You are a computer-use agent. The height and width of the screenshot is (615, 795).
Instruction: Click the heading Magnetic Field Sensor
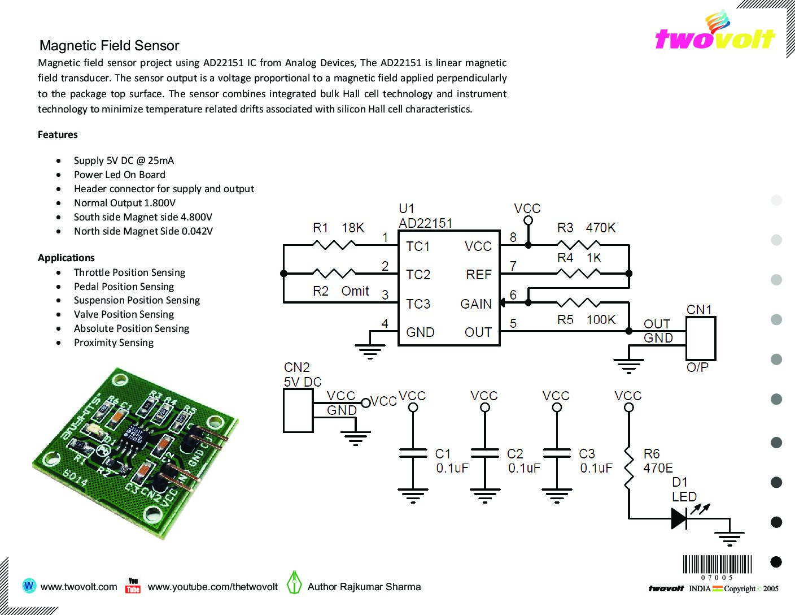109,46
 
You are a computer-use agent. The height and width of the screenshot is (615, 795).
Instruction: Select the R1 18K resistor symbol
334,245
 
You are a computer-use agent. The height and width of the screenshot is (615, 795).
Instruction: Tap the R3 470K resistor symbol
578,245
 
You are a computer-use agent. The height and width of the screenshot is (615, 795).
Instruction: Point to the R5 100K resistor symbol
578,302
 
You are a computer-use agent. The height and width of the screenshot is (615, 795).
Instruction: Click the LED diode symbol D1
679,518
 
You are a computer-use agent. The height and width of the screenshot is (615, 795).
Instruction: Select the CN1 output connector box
701,339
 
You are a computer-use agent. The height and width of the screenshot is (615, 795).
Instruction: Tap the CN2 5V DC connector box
298,410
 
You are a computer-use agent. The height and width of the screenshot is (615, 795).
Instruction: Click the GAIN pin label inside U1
475,304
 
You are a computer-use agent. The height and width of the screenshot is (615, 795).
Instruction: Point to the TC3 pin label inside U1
418,304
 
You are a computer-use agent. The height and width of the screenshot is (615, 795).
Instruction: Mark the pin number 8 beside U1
513,237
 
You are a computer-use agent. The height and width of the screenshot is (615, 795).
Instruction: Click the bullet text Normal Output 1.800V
125,203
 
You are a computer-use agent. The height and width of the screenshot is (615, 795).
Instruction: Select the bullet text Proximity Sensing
114,343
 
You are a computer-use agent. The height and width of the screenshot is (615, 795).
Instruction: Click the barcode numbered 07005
717,568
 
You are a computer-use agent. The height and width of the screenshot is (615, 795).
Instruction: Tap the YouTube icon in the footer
133,586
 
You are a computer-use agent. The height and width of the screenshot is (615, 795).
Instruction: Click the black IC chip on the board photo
137,435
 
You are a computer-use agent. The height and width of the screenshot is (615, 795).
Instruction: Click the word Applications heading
66,258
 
